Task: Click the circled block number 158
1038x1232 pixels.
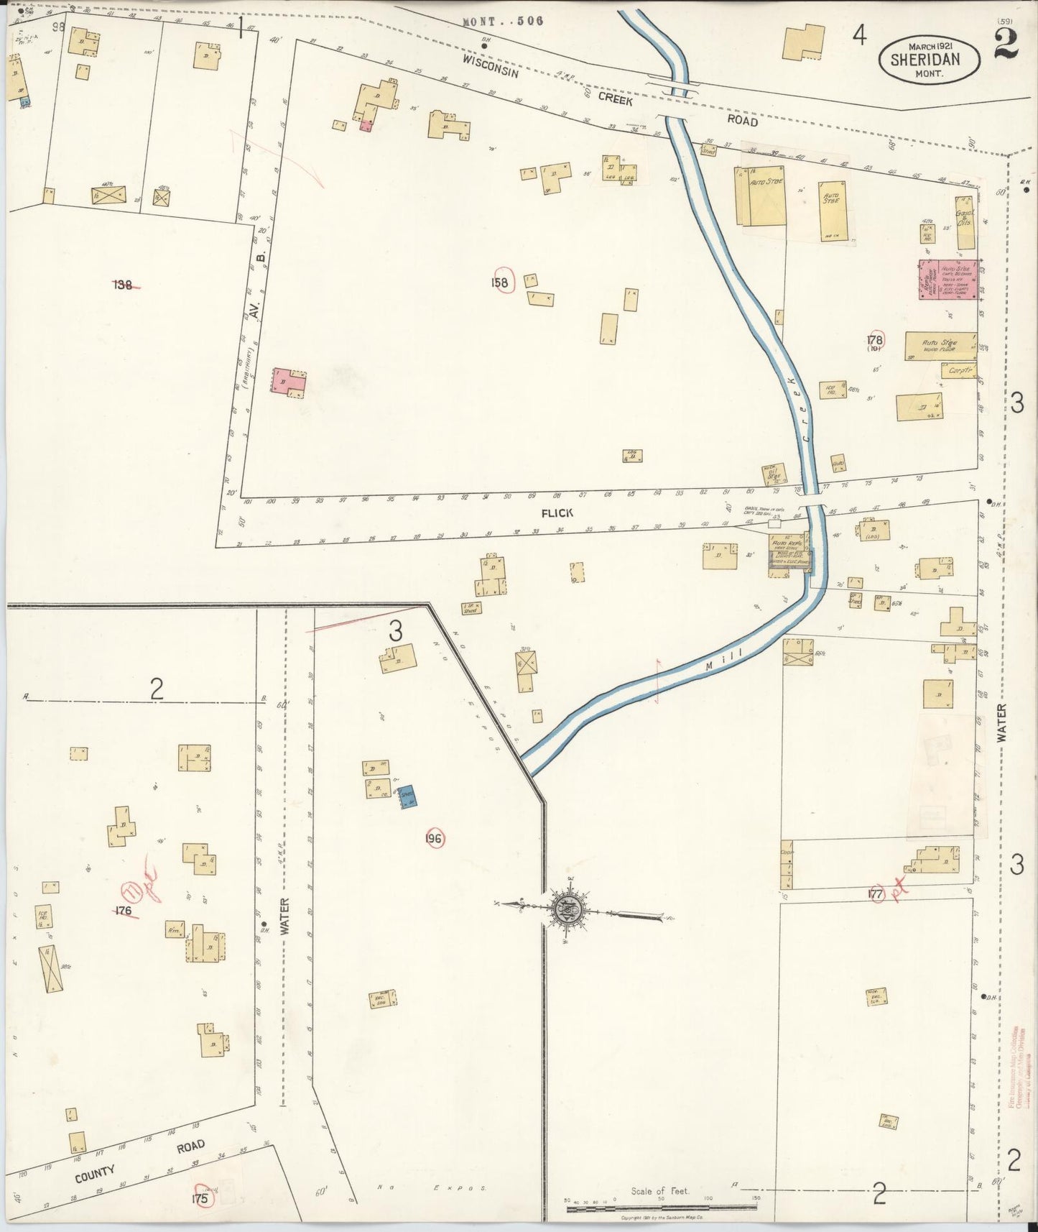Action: pos(500,282)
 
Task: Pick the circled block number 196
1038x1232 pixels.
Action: pos(434,838)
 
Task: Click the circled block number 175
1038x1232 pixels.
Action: pos(200,1199)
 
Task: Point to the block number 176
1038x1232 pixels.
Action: pos(123,911)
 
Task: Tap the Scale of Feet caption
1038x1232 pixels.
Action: pos(659,1190)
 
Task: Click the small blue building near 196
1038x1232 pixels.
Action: pos(408,796)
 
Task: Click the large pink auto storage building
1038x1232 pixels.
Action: pos(948,280)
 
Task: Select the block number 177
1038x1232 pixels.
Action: pos(874,894)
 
